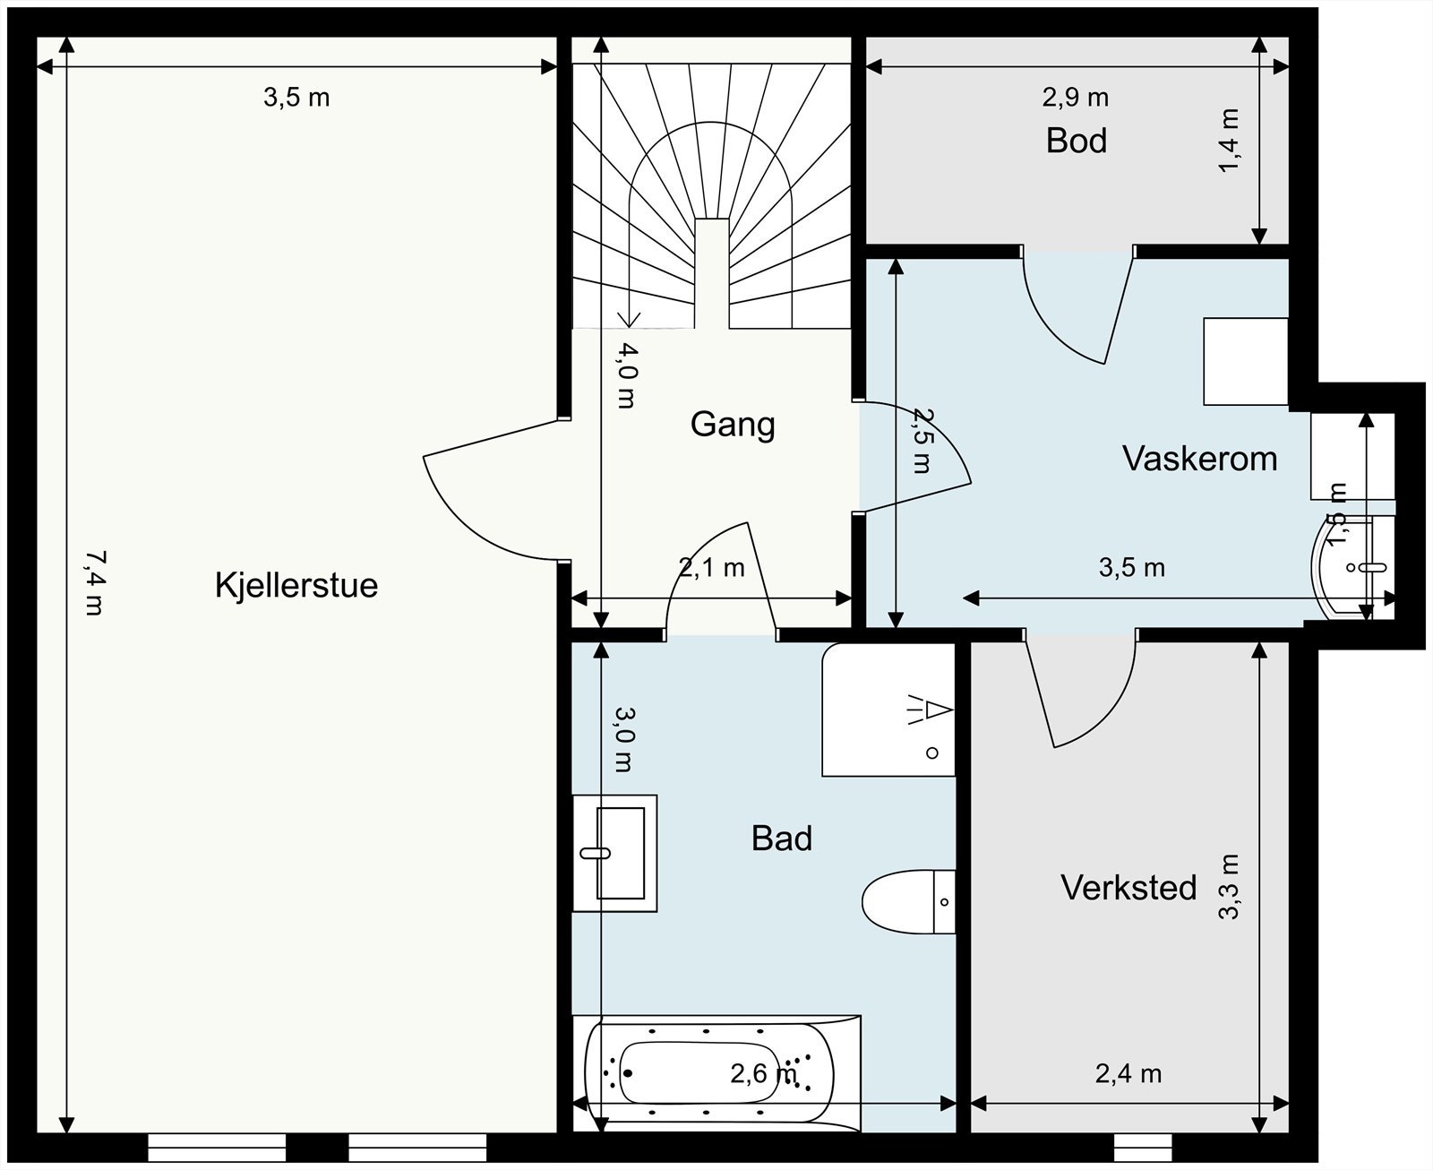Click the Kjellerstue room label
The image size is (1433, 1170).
click(296, 586)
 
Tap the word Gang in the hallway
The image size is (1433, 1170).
click(732, 424)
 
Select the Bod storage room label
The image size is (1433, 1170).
click(1076, 142)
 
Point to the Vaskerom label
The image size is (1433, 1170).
click(1199, 459)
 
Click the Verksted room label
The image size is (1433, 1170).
click(1128, 888)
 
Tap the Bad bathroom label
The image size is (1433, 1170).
click(782, 839)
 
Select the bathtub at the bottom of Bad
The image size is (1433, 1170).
click(716, 1073)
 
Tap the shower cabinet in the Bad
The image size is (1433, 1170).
click(887, 710)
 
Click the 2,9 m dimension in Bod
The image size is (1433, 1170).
click(1075, 97)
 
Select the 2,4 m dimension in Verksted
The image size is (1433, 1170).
click(1128, 1073)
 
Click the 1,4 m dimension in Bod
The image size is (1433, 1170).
click(1230, 141)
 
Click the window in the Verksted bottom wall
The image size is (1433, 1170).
click(1143, 1147)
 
